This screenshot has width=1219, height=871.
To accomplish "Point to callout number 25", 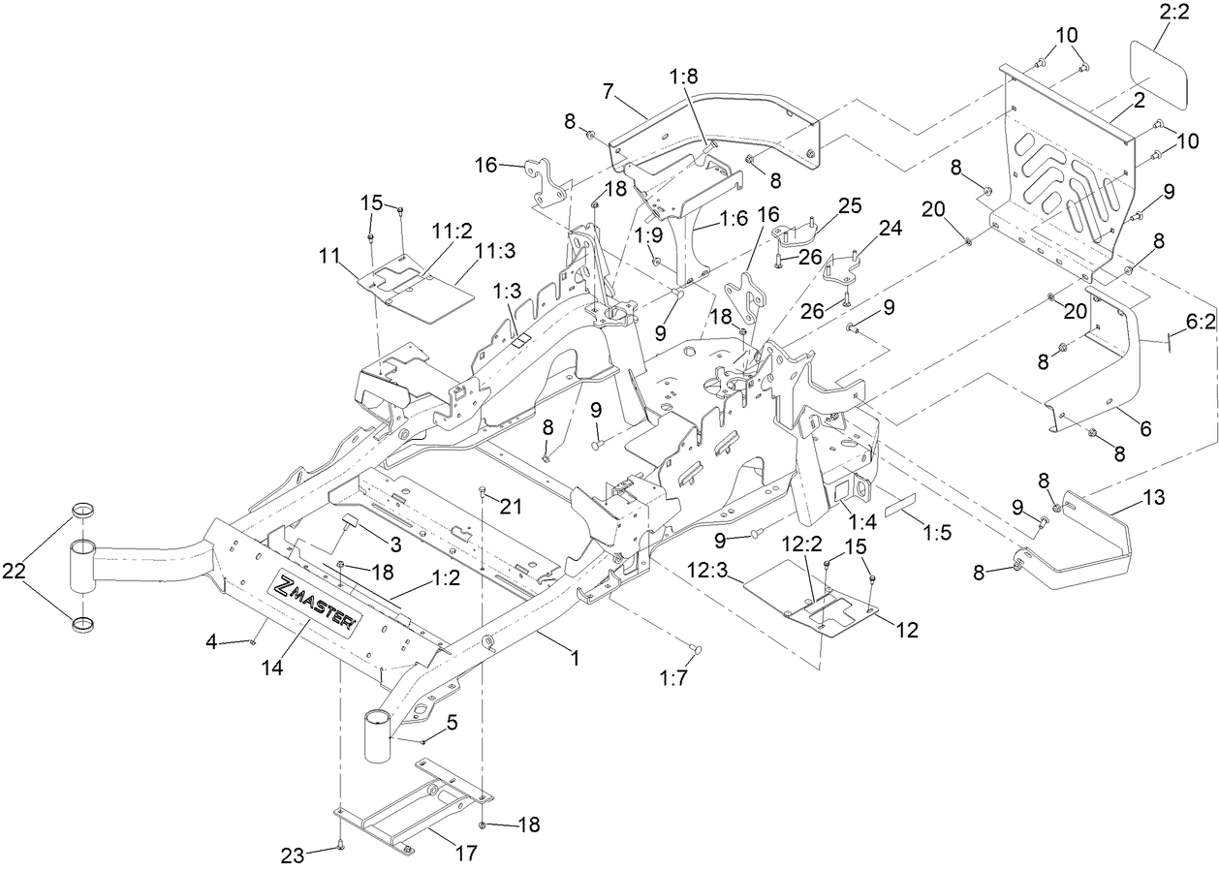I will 849,206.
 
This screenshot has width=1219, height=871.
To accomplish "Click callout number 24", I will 890,229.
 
